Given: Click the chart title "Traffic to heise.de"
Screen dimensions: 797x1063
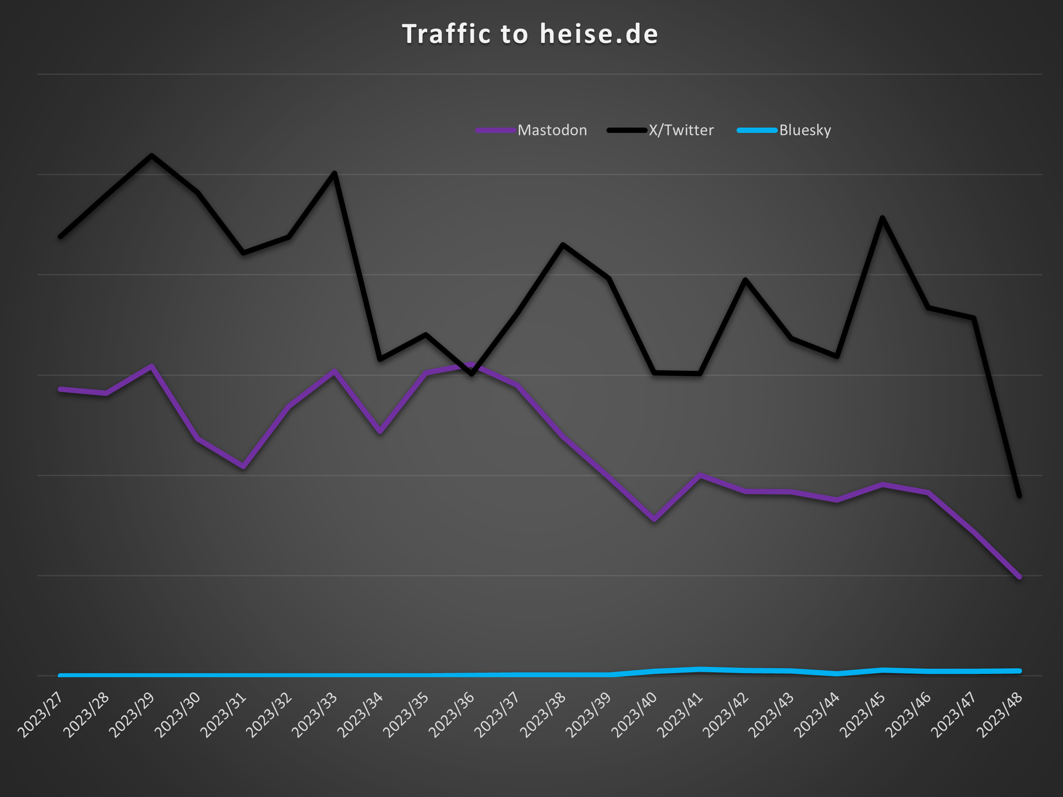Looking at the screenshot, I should [530, 34].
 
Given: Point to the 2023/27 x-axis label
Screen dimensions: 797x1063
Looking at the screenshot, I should [41, 714].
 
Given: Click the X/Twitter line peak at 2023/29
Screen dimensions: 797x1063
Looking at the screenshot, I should [152, 156].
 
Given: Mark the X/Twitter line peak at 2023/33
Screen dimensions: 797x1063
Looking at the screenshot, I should [334, 173].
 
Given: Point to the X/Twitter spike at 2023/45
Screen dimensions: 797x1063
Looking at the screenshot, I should [882, 218].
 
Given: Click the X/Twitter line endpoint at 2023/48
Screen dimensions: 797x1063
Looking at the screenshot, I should [1019, 496].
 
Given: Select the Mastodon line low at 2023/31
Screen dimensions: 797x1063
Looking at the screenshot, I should [243, 467].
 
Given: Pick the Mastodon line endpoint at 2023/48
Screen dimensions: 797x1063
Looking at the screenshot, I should [1019, 577].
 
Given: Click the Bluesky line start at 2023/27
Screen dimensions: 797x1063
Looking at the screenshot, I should [61, 676].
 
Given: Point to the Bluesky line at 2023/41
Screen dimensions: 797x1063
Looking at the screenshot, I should [700, 669].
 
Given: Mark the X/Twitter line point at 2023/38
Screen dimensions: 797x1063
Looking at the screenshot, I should [563, 245].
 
